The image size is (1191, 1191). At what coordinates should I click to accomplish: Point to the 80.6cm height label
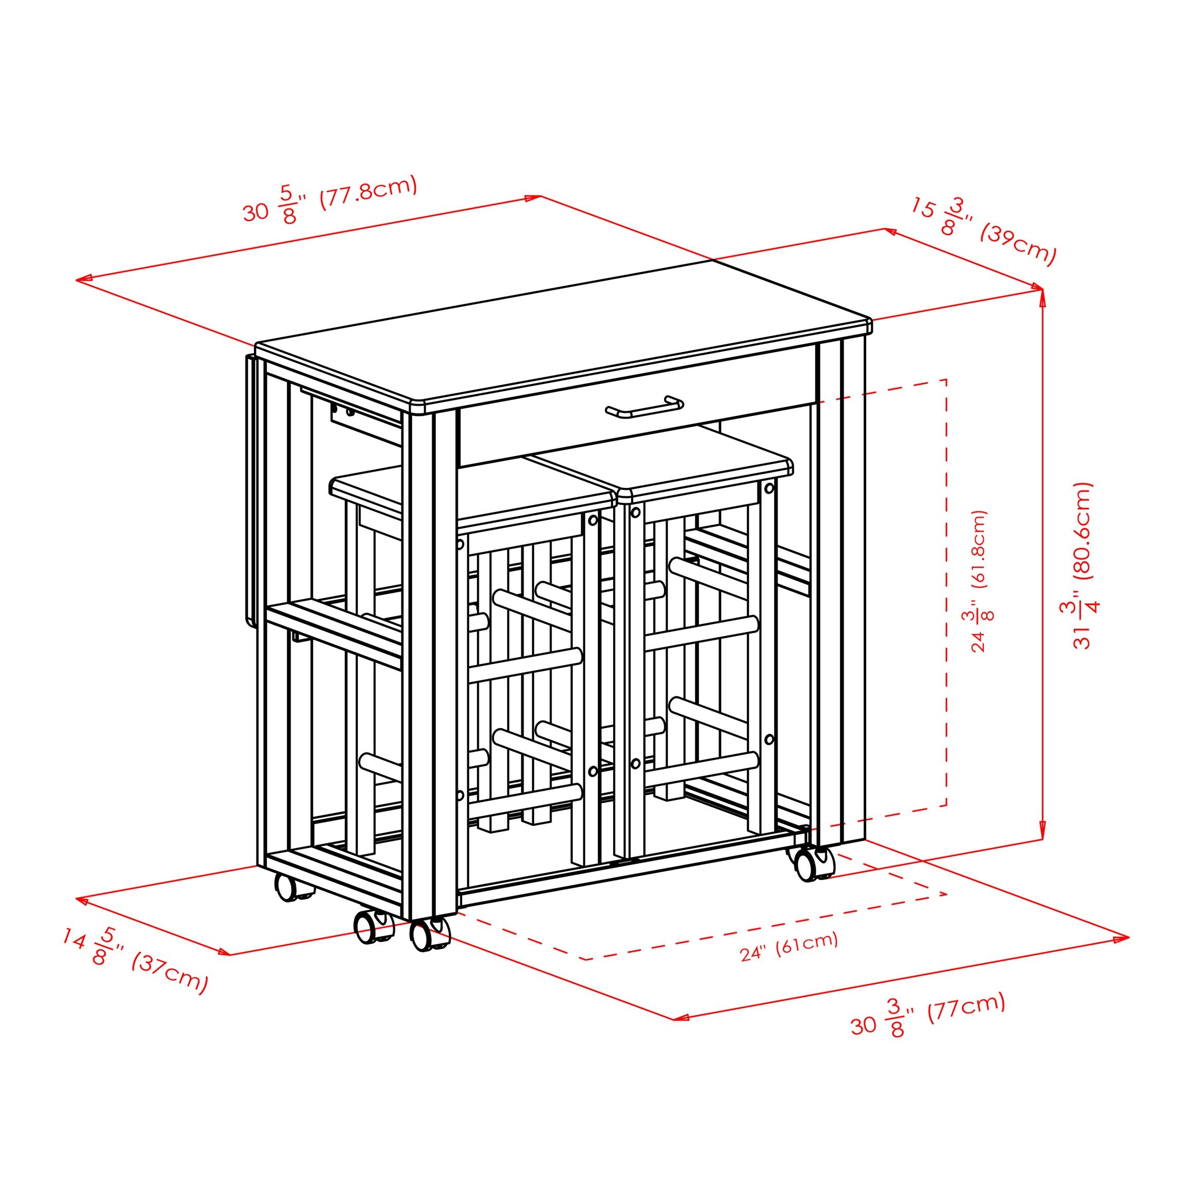point(1086,565)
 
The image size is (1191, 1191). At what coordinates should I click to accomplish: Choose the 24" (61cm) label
point(789,946)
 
